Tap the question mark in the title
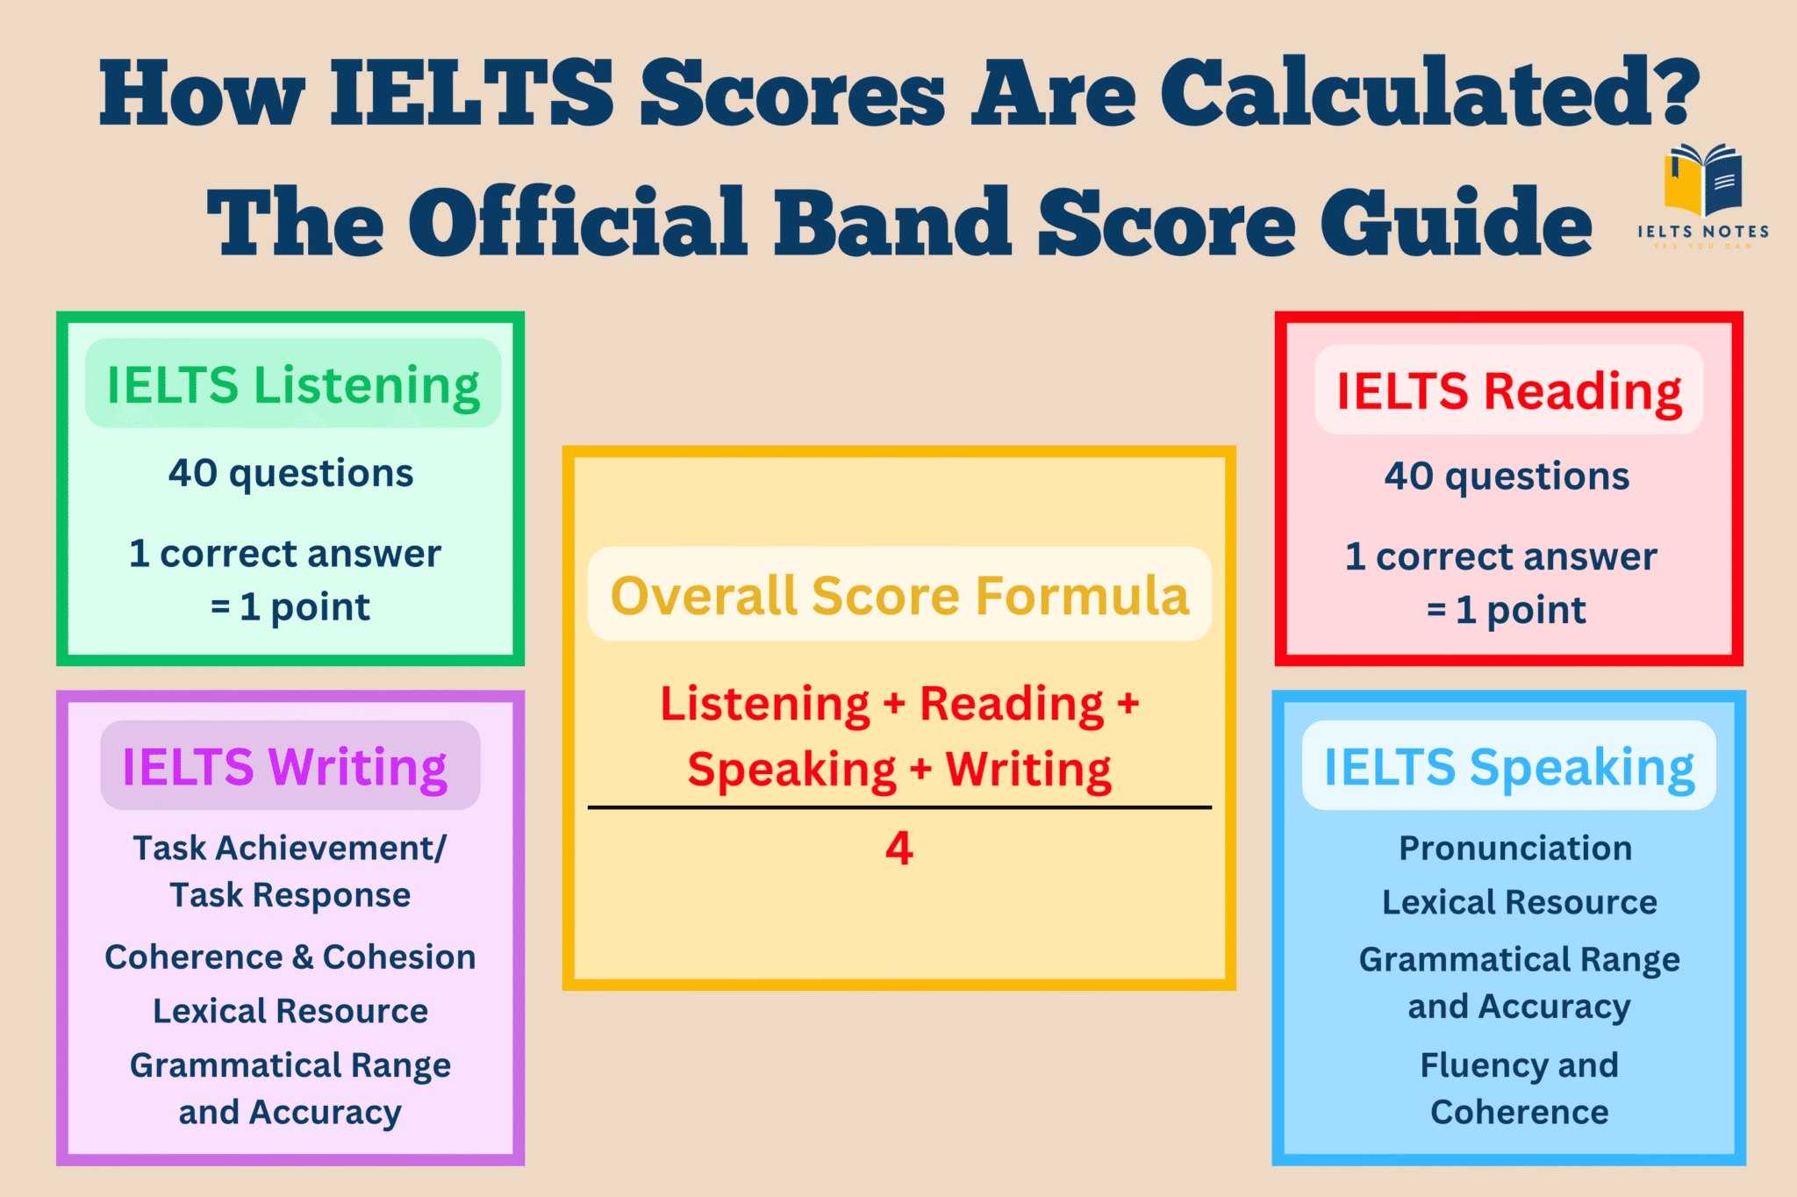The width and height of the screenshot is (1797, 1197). point(1672,90)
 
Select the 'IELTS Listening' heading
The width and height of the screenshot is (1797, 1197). point(293,385)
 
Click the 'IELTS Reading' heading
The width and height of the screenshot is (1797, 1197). point(1508,391)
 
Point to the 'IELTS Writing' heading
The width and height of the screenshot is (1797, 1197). point(285,766)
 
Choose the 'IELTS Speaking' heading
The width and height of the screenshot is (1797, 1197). point(1508,766)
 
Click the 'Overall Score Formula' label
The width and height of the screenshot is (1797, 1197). point(899,595)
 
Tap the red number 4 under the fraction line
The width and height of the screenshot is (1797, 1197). point(899,848)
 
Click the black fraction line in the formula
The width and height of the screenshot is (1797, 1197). point(899,806)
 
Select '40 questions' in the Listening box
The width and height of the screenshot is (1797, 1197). point(290,473)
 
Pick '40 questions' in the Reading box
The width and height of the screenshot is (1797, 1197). point(1507,476)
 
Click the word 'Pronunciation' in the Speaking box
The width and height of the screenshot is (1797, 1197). point(1515,848)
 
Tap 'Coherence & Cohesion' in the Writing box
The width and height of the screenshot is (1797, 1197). point(290,957)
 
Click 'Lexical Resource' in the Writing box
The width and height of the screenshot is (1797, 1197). point(290,1011)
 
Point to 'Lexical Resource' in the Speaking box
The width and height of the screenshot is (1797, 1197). point(1519,902)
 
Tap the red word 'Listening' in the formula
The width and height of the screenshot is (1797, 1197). point(765,704)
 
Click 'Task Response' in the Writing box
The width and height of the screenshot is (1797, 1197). point(290,895)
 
